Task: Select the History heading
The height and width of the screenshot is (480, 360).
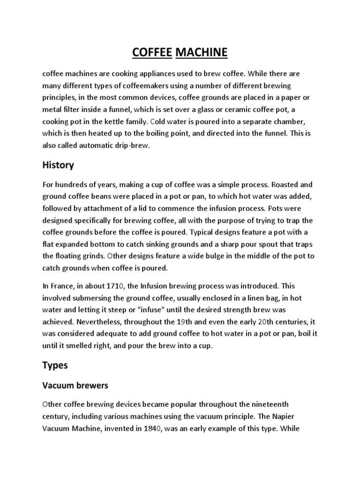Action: [58, 165]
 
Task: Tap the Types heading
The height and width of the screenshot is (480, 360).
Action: [55, 365]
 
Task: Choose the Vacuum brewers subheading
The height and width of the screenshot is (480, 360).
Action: [75, 386]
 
